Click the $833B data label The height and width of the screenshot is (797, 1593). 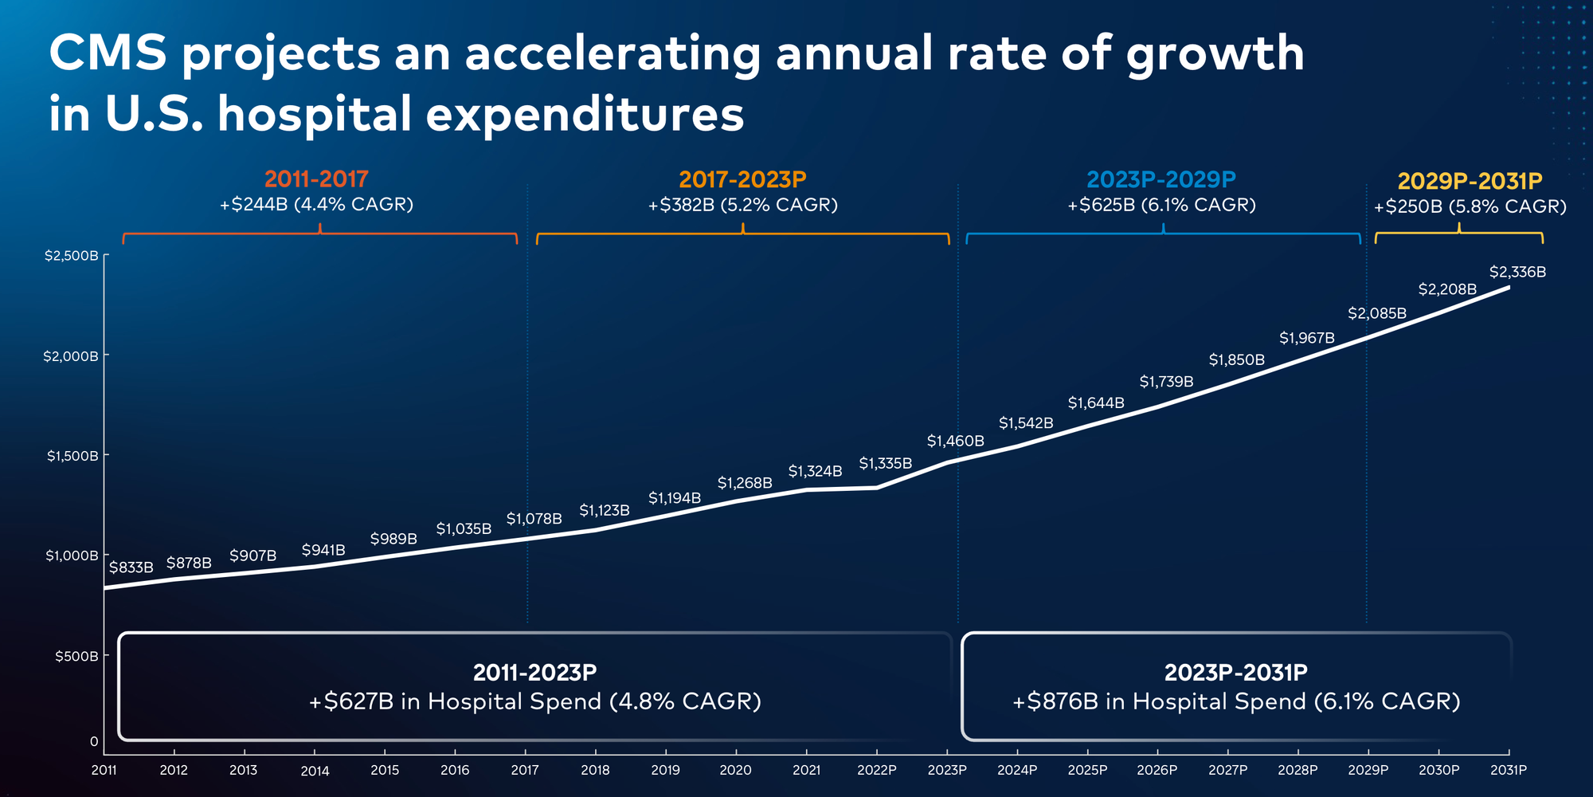coord(131,567)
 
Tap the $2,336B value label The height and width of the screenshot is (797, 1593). coord(1517,273)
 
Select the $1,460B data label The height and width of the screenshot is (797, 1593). coord(955,441)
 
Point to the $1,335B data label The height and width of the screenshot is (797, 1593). coord(885,463)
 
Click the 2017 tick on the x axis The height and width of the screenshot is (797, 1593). coord(525,770)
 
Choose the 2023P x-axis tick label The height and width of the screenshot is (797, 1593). coord(947,770)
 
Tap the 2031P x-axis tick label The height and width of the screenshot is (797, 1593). coord(1508,770)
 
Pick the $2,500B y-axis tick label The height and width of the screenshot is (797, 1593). coord(72,256)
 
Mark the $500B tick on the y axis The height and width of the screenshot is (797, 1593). coord(76,656)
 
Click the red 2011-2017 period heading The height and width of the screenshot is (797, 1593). coord(316,179)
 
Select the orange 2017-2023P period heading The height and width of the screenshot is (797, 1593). coord(742,180)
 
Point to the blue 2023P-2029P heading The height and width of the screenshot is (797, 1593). coord(1161,180)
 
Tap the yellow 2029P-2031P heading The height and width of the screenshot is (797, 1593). coord(1470,182)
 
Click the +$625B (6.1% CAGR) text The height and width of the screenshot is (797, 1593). coord(1161,206)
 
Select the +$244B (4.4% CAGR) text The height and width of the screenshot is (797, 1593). coord(316,205)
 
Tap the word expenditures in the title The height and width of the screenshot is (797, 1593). coord(585,114)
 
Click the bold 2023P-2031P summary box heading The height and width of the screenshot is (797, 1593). coord(1235,673)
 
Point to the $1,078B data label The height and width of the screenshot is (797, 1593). coord(534,519)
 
